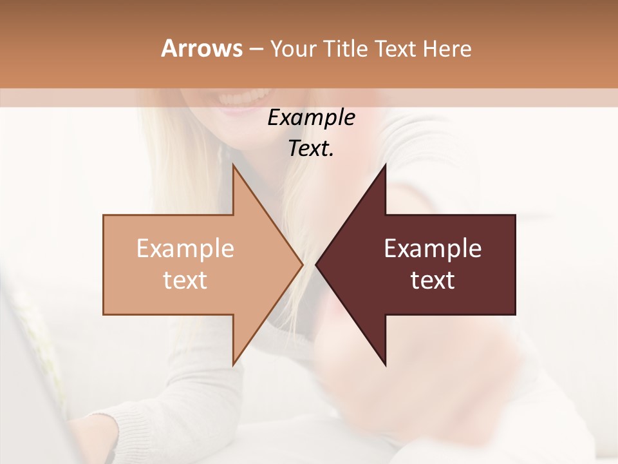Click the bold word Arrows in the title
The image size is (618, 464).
point(201,48)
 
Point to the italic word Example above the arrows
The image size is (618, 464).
point(311,118)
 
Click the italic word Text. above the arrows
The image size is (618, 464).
point(311,149)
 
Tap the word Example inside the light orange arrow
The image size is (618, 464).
point(185,249)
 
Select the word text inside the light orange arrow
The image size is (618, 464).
point(185,280)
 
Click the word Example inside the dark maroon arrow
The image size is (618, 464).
point(433,249)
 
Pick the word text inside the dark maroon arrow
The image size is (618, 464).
point(433,280)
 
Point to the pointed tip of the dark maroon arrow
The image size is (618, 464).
point(317,264)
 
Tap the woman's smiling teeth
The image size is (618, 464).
point(245,99)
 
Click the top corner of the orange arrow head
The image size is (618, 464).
point(234,166)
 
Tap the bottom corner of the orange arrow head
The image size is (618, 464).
point(234,364)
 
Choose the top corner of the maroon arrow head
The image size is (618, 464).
point(385,166)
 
